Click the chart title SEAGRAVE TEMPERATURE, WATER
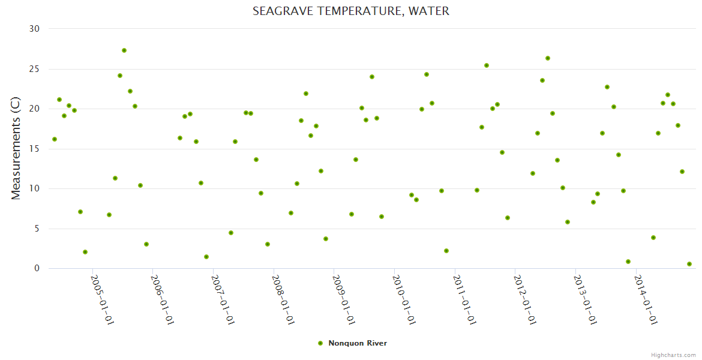350,11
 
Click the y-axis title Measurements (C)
16,149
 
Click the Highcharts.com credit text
673,355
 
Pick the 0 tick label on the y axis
37,269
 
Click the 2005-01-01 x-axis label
102,299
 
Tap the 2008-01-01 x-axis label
283,299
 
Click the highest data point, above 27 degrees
124,50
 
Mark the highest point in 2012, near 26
548,58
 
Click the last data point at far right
689,264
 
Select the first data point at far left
55,139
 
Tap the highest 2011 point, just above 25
487,65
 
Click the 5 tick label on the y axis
37,229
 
